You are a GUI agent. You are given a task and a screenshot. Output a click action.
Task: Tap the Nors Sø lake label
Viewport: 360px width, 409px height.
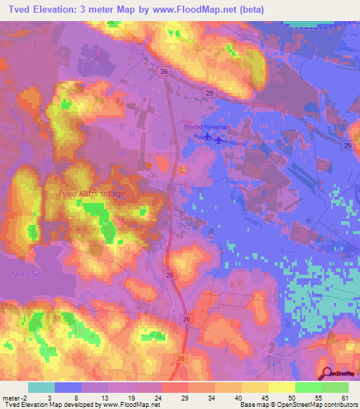(x=27, y=273)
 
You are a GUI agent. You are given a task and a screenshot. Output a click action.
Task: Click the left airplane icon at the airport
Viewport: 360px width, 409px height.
(x=207, y=136)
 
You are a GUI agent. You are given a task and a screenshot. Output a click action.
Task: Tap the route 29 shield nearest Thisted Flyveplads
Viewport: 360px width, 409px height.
(x=210, y=92)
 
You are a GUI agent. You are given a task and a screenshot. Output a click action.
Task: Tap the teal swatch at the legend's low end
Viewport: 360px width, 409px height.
(x=41, y=387)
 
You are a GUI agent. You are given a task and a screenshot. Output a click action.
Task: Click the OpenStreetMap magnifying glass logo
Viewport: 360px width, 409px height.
(x=325, y=374)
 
